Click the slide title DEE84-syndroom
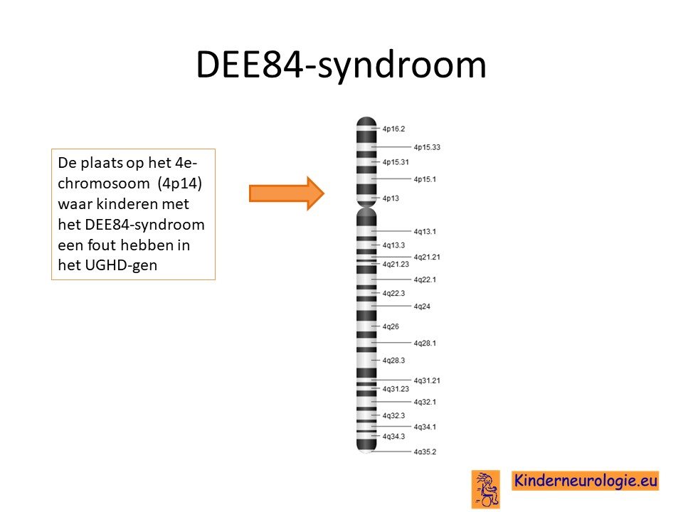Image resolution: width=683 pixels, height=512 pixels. click(341, 65)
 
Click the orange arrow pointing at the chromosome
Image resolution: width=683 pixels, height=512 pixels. click(287, 193)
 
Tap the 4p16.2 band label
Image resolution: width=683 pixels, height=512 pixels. click(393, 129)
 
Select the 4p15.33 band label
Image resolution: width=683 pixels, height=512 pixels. click(427, 147)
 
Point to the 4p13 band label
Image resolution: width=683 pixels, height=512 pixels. click(391, 198)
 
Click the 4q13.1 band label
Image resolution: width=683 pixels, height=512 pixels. click(425, 231)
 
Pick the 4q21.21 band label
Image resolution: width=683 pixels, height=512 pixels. click(427, 257)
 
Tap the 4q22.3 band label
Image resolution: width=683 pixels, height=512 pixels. click(393, 293)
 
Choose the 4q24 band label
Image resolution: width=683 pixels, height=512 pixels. click(422, 306)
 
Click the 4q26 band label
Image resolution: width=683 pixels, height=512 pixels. click(391, 326)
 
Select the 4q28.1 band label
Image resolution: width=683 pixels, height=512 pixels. click(425, 343)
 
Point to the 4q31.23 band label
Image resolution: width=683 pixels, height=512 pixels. click(396, 389)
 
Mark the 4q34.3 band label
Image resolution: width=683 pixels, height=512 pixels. click(393, 436)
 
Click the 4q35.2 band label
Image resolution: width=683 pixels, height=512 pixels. click(425, 452)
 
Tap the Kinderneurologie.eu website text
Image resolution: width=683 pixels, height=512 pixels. click(585, 481)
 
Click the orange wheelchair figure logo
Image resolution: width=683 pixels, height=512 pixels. click(486, 489)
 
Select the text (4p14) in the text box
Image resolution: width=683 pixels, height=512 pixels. click(180, 183)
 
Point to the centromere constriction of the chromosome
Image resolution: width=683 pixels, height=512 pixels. click(366, 206)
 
